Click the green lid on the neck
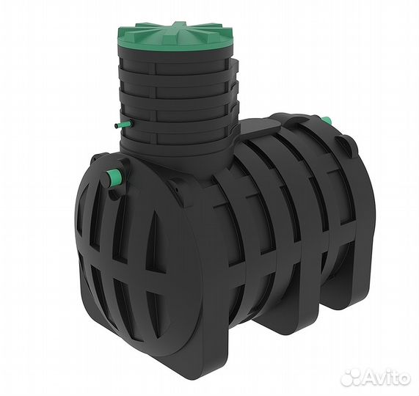(175, 37)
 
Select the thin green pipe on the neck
(124, 125)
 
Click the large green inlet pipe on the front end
(113, 177)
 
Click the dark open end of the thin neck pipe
(116, 126)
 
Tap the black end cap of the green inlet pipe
(108, 180)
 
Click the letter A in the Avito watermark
(369, 377)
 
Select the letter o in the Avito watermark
(403, 378)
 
